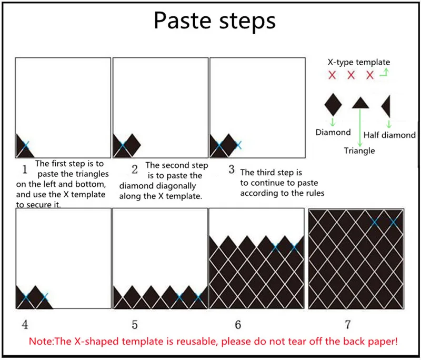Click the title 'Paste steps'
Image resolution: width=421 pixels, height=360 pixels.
[x=214, y=21]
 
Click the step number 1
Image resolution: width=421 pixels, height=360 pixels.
[x=24, y=169]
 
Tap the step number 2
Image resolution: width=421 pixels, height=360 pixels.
[x=135, y=169]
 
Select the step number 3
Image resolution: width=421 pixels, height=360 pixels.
[x=232, y=169]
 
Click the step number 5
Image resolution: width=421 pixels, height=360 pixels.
[x=135, y=324]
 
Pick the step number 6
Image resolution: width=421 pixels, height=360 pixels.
[x=238, y=324]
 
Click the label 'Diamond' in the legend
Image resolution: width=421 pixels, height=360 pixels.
[x=333, y=132]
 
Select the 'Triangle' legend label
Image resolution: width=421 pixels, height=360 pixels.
[x=359, y=151]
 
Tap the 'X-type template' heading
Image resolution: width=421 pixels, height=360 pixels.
[x=359, y=62]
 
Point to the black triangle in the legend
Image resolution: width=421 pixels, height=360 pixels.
[x=360, y=102]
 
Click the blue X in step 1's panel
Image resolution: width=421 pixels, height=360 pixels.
[x=26, y=144]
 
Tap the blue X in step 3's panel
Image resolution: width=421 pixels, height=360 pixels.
[x=238, y=144]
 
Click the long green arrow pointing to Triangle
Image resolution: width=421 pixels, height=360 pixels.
[x=360, y=126]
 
